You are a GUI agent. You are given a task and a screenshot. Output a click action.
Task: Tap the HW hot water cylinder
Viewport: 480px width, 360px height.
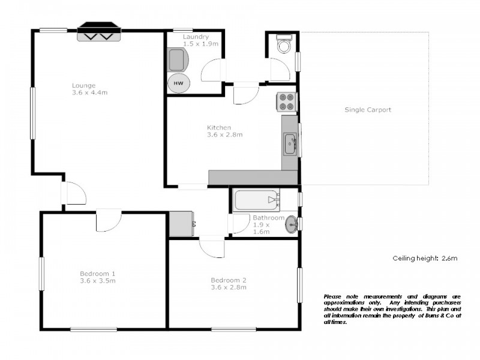pyautogui.click(x=178, y=83)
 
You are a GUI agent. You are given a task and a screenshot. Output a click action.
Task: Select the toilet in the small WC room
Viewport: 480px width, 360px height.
pyautogui.click(x=283, y=45)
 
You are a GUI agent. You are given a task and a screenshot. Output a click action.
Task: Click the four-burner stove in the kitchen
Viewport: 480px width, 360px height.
pyautogui.click(x=286, y=102)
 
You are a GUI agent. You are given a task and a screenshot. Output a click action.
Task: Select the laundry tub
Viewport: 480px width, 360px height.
pyautogui.click(x=177, y=60)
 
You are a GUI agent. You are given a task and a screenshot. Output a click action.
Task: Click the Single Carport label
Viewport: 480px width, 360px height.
pyautogui.click(x=368, y=110)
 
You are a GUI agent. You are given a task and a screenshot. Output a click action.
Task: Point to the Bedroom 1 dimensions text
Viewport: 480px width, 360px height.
pyautogui.click(x=97, y=281)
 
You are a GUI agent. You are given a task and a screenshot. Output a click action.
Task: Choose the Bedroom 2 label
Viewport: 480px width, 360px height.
pyautogui.click(x=228, y=280)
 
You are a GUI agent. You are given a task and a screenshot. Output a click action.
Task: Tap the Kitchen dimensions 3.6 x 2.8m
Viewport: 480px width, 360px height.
pyautogui.click(x=224, y=135)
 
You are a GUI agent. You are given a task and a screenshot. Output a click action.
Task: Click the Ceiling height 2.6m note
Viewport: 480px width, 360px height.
pyautogui.click(x=425, y=259)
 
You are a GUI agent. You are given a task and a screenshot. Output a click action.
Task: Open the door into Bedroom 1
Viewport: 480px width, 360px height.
pyautogui.click(x=109, y=220)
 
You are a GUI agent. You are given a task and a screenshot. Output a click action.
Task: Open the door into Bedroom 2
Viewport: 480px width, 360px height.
pyautogui.click(x=212, y=246)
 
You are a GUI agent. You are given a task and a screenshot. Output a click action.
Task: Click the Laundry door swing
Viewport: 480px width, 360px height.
pyautogui.click(x=213, y=71)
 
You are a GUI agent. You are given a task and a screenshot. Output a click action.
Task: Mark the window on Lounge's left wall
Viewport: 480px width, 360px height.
pyautogui.click(x=33, y=113)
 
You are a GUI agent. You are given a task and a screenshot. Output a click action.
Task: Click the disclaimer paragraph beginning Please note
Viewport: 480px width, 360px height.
pyautogui.click(x=392, y=309)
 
